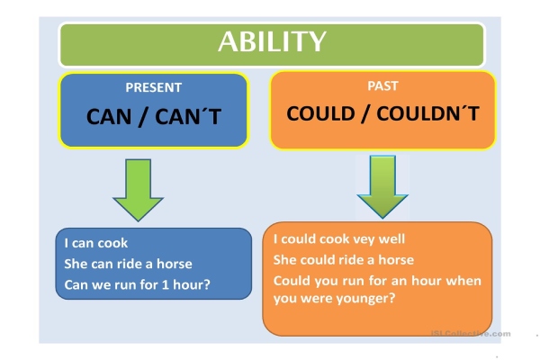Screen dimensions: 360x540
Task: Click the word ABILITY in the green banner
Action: (x=271, y=42)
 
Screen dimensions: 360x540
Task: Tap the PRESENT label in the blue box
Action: (x=153, y=88)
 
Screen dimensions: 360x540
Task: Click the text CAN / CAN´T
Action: (x=153, y=117)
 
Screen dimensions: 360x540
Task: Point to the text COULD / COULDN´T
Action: (x=382, y=115)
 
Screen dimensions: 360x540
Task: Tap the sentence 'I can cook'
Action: (x=96, y=243)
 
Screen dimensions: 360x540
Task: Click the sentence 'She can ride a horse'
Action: (x=128, y=264)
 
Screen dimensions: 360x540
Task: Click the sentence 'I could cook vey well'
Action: (x=338, y=239)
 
